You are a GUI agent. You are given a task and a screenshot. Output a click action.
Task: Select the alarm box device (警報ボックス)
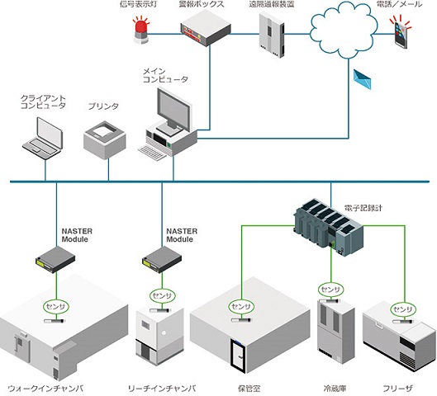[206, 28]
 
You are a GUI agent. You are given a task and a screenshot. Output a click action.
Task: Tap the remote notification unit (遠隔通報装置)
[272, 35]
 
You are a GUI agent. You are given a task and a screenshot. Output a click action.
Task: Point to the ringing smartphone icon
[401, 32]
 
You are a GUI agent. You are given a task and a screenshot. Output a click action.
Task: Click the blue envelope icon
[363, 79]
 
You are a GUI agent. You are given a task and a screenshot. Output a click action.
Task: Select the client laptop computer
[43, 139]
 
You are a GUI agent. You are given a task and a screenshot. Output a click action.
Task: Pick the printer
[105, 139]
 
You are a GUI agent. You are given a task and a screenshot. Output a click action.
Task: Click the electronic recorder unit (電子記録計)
[329, 227]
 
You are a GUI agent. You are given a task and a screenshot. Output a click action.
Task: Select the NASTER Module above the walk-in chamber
[55, 259]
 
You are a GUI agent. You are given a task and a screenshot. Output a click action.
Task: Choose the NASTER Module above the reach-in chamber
[162, 259]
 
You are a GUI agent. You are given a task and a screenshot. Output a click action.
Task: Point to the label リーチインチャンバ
[162, 389]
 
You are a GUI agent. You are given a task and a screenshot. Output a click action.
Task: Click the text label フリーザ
[397, 389]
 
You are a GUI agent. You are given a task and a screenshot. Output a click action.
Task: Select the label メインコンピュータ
[165, 75]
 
